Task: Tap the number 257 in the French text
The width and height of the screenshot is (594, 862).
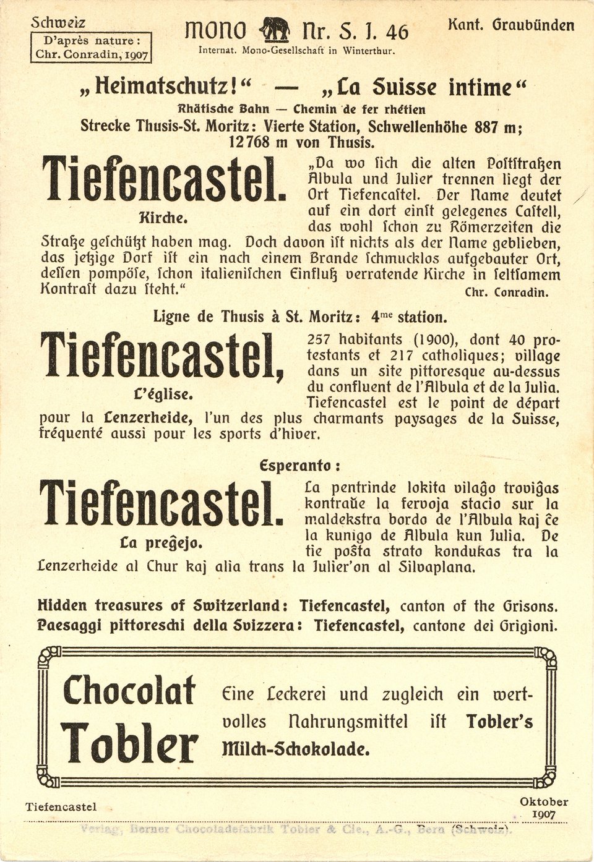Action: point(321,340)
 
